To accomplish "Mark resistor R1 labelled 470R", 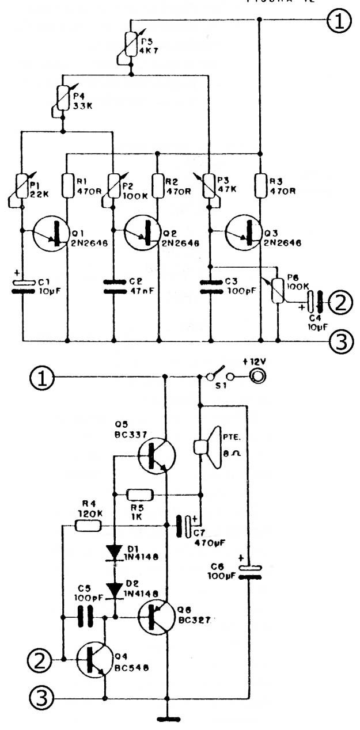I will click(68, 184).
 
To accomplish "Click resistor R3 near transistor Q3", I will click(260, 184).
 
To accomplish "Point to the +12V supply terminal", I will click(256, 377).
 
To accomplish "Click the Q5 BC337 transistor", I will click(157, 455).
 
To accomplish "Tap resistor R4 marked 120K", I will click(89, 525).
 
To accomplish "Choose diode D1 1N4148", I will click(115, 553).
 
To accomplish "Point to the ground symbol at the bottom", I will click(167, 718).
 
